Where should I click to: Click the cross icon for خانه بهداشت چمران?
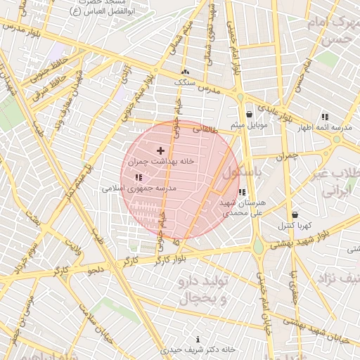(160, 150)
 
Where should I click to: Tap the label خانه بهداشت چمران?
(160, 162)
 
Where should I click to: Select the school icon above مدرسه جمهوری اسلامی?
(137, 177)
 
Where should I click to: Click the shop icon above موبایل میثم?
(249, 115)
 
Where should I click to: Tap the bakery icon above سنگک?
(185, 72)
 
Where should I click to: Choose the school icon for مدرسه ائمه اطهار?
(324, 117)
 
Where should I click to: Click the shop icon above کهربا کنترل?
(294, 214)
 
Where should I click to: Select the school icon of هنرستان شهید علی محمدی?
(242, 192)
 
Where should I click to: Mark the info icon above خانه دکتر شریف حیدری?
(197, 339)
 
